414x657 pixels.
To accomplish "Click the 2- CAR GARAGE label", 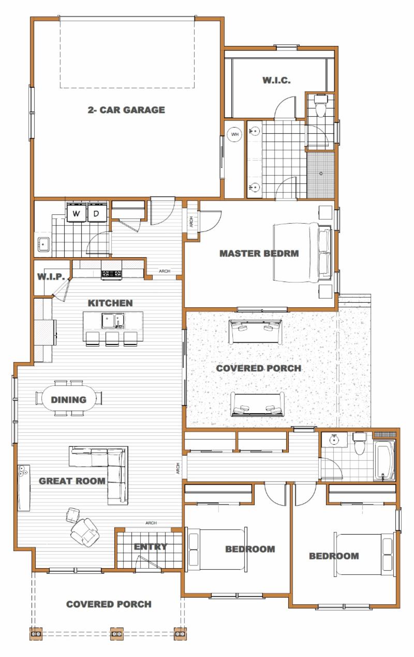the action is (x=126, y=110).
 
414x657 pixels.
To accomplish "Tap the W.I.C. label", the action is (x=276, y=80).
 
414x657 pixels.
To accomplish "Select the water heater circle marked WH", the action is (x=235, y=135).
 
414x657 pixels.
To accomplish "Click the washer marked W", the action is (x=76, y=213).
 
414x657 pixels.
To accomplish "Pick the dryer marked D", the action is (x=97, y=213).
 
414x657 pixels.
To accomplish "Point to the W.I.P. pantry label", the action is (x=51, y=276).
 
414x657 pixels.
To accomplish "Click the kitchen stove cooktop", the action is (x=111, y=274).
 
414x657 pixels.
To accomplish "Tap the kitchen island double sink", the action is (x=113, y=321).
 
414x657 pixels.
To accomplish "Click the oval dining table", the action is (x=69, y=399).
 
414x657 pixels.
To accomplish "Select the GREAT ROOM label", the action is (x=72, y=481).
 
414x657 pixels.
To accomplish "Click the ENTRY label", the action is (x=150, y=546).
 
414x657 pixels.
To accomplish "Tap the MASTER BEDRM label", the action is (x=259, y=254).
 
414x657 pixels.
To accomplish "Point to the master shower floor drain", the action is (x=321, y=174).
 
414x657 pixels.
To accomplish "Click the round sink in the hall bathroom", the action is (x=334, y=440).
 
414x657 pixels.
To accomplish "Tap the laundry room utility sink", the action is (x=43, y=244).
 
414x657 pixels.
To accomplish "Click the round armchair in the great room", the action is (x=85, y=533).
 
